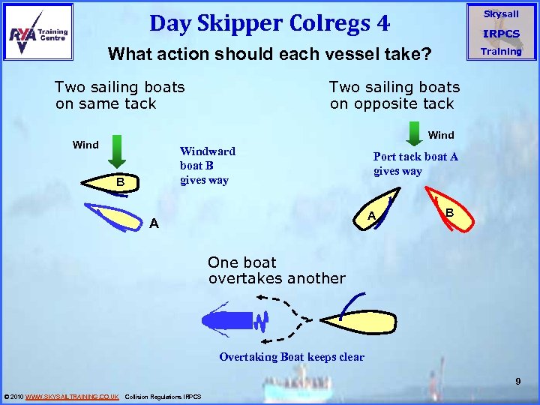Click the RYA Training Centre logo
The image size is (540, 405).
click(x=38, y=31)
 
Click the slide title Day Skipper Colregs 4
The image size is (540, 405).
click(x=269, y=24)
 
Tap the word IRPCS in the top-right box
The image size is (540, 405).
click(x=501, y=34)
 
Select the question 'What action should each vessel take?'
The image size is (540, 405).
click(x=269, y=55)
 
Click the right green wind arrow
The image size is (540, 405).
click(x=415, y=133)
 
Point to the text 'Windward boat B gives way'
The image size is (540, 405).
click(x=207, y=166)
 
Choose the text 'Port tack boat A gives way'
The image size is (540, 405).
click(x=415, y=163)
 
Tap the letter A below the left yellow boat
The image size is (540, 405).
click(x=153, y=222)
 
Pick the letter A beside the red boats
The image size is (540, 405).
click(x=370, y=217)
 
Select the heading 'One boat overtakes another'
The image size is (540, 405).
click(x=277, y=270)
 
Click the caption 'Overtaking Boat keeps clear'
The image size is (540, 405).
click(x=292, y=357)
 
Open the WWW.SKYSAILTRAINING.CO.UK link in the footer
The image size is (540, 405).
click(x=72, y=396)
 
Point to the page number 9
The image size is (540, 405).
click(x=517, y=382)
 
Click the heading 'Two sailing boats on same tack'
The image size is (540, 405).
click(x=120, y=95)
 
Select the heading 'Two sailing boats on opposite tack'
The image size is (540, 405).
click(x=394, y=95)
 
